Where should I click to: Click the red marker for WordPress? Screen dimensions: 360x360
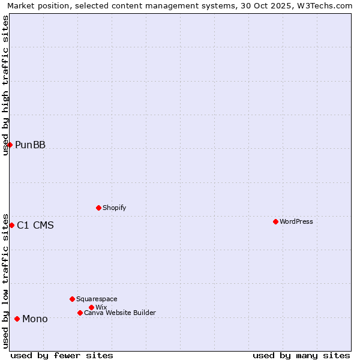coord(275,221)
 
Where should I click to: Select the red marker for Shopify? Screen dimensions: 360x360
coord(98,208)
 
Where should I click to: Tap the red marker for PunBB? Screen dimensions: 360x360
coord(10,145)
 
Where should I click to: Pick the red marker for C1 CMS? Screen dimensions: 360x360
coord(11,225)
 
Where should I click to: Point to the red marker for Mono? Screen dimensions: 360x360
coord(17,319)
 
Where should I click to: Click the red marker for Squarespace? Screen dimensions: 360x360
coord(72,299)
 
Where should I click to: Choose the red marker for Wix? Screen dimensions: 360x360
coord(91,307)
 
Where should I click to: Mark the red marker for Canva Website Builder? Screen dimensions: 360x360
coord(80,313)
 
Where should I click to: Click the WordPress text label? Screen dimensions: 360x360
coord(296,221)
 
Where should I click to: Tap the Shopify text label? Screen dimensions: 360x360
coord(115,208)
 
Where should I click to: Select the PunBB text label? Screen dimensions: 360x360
coord(31,145)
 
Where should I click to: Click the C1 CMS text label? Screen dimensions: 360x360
coord(35,226)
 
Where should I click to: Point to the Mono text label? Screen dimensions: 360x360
coord(35,319)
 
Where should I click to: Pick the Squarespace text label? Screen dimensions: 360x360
coord(97,299)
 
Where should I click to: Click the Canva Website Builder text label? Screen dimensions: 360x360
coord(120,313)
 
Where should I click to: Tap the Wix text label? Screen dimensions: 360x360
coord(101,307)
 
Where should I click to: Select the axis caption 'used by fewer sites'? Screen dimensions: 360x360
coord(62,355)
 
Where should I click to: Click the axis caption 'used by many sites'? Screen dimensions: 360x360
coord(301,355)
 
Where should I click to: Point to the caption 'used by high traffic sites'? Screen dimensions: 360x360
coord(5,85)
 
